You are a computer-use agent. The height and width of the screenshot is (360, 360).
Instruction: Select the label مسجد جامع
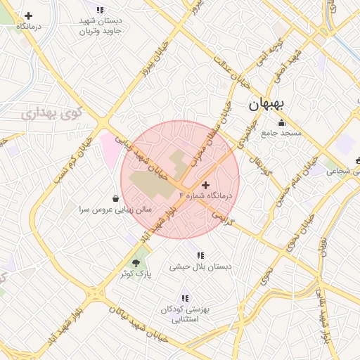281,133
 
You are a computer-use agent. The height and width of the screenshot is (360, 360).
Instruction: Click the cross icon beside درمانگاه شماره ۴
205,184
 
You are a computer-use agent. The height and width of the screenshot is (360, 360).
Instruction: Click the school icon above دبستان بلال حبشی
200,255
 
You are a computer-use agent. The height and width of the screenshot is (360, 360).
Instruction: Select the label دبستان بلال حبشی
200,267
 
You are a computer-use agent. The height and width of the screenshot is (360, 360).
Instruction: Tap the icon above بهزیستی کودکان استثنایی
185,298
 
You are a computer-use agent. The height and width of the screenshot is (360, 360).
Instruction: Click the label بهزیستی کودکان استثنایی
186,314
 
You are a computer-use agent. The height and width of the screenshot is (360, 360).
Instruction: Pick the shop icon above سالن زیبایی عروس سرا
115,198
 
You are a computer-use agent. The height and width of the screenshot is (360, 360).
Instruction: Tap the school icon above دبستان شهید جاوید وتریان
100,11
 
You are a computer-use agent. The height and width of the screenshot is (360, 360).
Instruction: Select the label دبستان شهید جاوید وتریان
101,27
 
